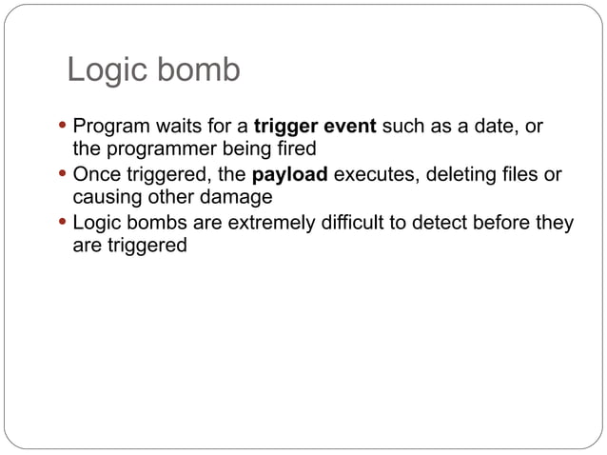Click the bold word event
pyautogui.click(x=350, y=126)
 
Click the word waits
pyautogui.click(x=172, y=126)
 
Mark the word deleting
pyautogui.click(x=461, y=175)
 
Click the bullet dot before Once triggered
pyautogui.click(x=63, y=175)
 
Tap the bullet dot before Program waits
pyautogui.click(x=63, y=126)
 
